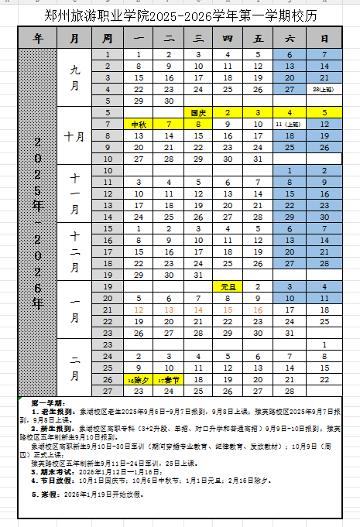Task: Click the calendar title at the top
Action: [180, 15]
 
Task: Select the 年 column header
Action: [38, 38]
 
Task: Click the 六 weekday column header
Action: [290, 38]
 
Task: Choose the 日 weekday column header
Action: [324, 38]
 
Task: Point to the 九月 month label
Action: [74, 77]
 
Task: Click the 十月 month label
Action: [74, 136]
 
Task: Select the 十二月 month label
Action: [74, 252]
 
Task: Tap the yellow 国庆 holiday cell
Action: [198, 112]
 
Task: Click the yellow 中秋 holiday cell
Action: [139, 124]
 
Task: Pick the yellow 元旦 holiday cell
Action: [228, 286]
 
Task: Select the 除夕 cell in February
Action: [139, 380]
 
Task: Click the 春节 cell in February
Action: [169, 380]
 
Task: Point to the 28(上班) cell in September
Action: [324, 90]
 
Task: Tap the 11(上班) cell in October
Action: [290, 124]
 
